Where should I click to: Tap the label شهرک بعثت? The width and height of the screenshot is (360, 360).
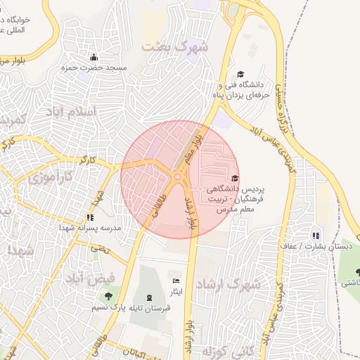[175, 47]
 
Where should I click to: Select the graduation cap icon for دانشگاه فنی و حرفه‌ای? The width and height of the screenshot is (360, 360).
[240, 74]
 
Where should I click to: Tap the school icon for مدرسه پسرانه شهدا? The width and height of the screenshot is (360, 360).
[89, 217]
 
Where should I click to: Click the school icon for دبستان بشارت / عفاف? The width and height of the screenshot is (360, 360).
[316, 236]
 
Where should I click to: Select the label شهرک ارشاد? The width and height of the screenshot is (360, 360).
[230, 285]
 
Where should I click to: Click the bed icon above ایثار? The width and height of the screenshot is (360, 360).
[176, 281]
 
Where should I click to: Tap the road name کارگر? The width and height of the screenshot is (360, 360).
[87, 160]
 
